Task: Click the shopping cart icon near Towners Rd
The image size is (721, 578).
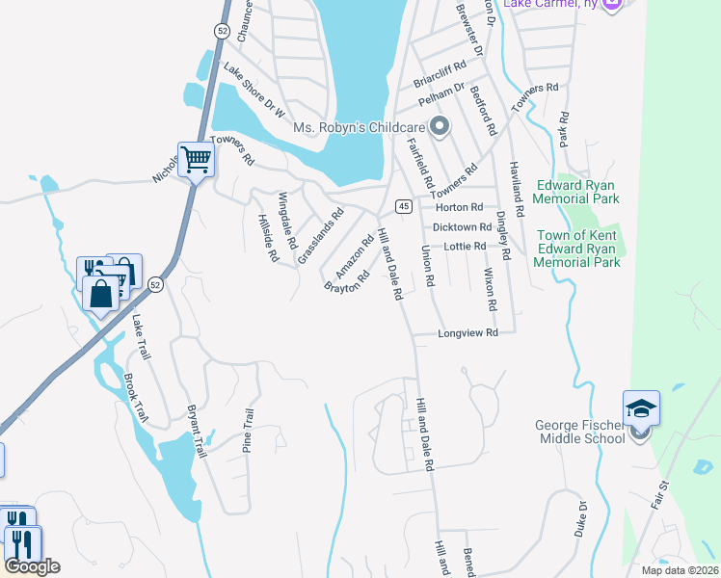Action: [196, 159]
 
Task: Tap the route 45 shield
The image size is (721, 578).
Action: [403, 207]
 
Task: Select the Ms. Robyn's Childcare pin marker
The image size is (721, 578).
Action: [440, 127]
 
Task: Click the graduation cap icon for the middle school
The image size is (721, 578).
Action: [641, 408]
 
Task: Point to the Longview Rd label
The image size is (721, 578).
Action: [467, 333]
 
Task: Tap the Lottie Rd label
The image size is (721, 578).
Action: [465, 247]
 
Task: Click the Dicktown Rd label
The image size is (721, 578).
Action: [463, 227]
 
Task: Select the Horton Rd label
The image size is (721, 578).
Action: [459, 207]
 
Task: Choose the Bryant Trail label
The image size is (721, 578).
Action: [197, 428]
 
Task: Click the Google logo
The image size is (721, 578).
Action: [32, 566]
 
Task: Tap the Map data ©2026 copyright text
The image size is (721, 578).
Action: [679, 570]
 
